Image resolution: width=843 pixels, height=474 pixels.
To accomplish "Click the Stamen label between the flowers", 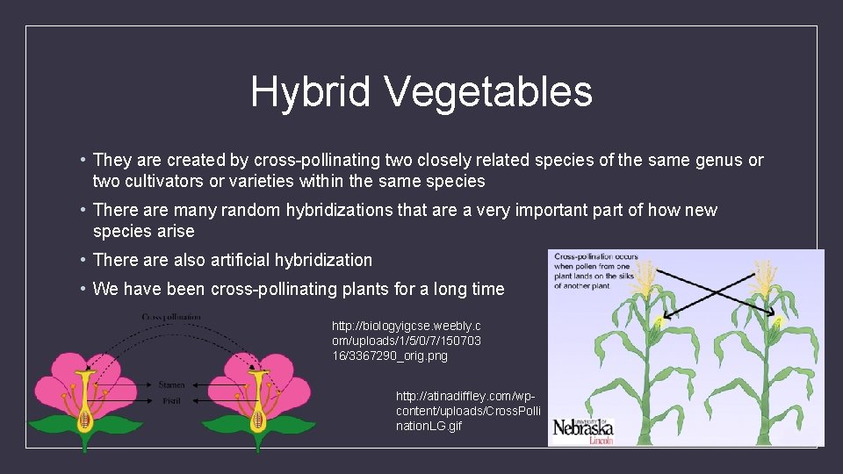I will pyautogui.click(x=172, y=384).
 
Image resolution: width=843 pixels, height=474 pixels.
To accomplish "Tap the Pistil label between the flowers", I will pyautogui.click(x=171, y=399).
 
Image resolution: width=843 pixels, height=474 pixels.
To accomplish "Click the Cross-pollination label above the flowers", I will pyautogui.click(x=171, y=316).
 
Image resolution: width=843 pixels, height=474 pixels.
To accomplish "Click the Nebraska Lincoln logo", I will pyautogui.click(x=583, y=429).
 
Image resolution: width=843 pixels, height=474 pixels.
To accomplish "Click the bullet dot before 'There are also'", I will pyautogui.click(x=81, y=260).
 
